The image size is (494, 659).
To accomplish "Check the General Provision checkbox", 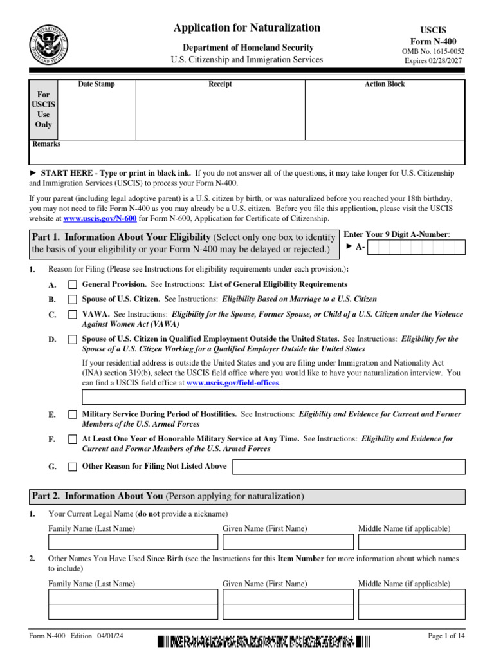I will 73,284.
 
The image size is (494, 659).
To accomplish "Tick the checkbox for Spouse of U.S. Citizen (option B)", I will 73,299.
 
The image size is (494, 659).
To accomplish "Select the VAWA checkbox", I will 73,315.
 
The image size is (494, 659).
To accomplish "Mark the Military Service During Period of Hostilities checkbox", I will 73,415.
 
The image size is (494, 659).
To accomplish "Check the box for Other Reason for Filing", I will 73,467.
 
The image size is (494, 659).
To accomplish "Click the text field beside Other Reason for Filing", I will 348,467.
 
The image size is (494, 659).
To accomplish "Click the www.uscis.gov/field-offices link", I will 232,383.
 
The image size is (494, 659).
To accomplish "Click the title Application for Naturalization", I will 247,28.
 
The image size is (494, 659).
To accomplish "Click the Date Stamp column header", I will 96,84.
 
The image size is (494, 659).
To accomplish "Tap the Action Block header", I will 385,84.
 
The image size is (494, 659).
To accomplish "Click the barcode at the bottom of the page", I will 264,641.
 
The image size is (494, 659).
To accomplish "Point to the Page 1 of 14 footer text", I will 446,636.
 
